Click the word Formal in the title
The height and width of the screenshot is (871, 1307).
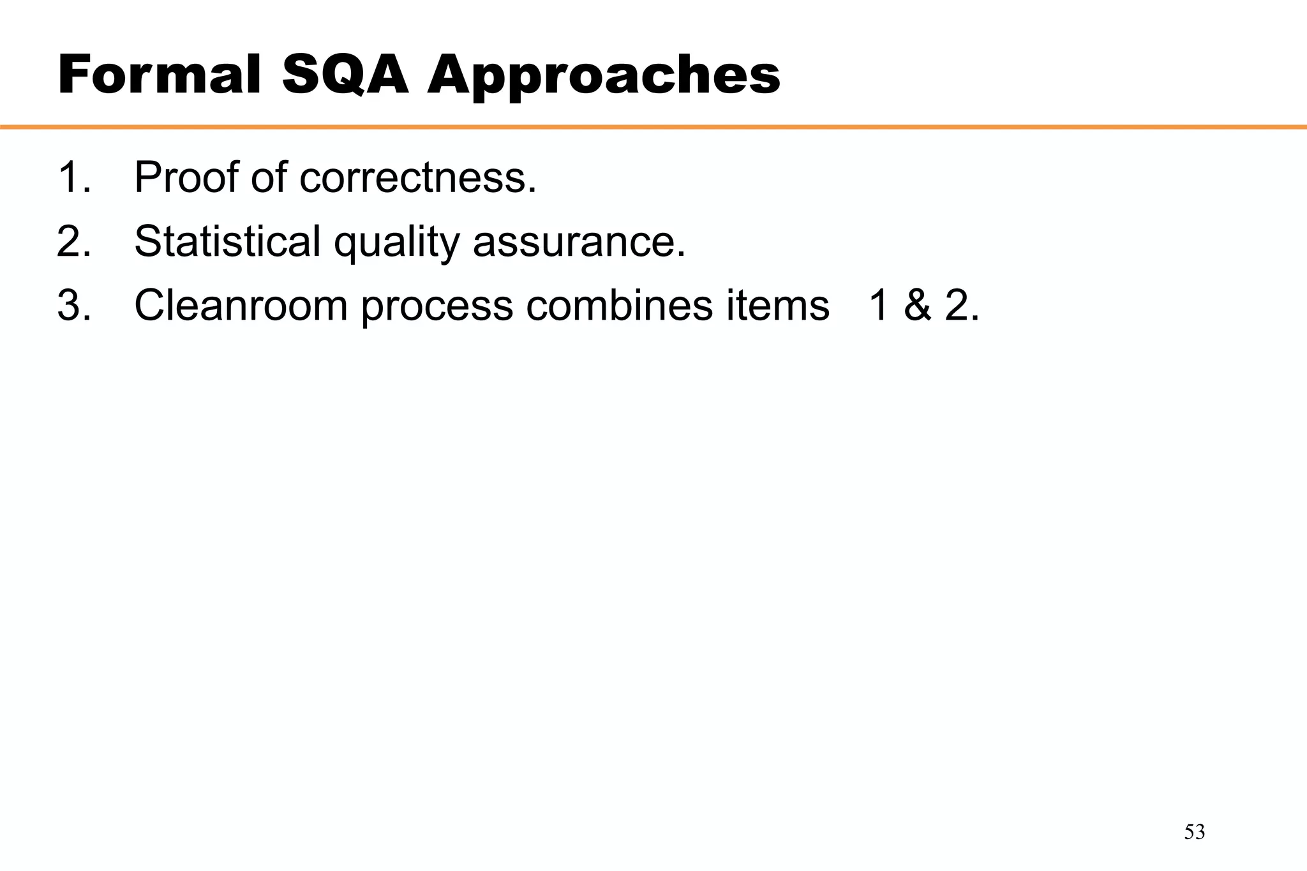pos(160,75)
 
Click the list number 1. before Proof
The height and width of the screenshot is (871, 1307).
pos(74,177)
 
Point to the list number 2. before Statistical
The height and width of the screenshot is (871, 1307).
pos(74,241)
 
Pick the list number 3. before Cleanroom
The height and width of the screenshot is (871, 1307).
pos(74,305)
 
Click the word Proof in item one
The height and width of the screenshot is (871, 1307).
pos(188,177)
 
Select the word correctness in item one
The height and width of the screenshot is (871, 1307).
pos(417,177)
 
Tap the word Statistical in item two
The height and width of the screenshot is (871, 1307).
pos(227,241)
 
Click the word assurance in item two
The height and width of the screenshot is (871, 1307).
pos(578,241)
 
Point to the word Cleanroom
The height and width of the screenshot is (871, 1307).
pos(241,305)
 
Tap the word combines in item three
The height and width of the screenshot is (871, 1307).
pos(618,305)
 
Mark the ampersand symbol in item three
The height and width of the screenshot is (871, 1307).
pos(918,305)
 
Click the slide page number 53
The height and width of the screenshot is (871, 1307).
pos(1195,832)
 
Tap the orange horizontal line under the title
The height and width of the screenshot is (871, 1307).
pos(653,127)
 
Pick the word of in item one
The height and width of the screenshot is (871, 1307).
pos(269,177)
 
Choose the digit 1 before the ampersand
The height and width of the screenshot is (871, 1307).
pos(879,305)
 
